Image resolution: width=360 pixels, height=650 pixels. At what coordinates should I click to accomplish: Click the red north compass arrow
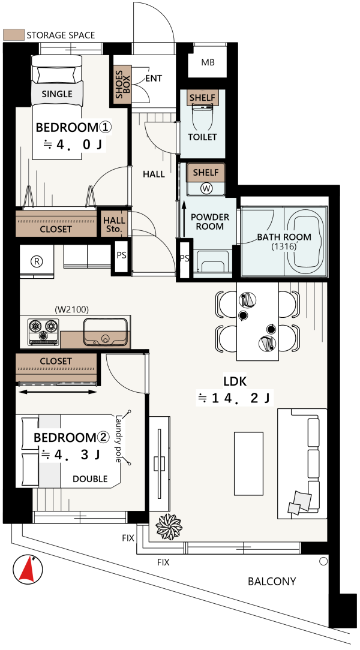point(28,570)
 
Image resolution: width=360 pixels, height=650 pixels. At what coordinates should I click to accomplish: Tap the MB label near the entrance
point(208,62)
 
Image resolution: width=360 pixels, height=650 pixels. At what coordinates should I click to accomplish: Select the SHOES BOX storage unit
point(123,84)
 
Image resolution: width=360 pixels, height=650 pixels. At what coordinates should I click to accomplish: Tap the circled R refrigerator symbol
point(37,261)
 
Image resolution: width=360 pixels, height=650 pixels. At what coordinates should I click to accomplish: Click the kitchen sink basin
point(105,332)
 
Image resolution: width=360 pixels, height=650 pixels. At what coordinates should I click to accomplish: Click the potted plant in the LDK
point(169,526)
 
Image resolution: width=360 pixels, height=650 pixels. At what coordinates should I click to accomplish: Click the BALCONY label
point(272,581)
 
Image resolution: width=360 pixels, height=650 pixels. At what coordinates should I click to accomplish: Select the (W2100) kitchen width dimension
point(72,309)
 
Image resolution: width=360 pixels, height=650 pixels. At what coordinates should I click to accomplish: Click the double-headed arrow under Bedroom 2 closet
point(58,391)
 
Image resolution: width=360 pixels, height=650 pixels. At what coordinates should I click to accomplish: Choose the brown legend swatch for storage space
point(13,35)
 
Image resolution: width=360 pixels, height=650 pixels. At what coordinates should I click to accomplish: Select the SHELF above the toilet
point(202,98)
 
